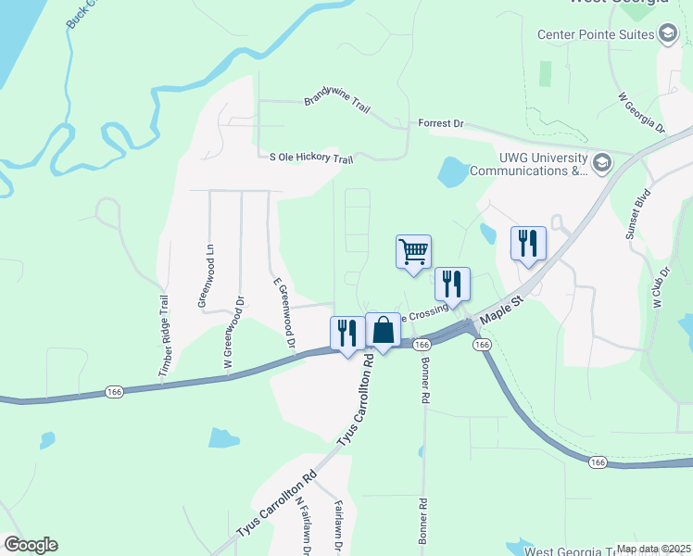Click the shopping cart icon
[413, 251]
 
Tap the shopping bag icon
[383, 330]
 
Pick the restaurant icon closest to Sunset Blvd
[528, 244]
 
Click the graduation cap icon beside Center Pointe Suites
[667, 35]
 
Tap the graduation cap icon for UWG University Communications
[601, 164]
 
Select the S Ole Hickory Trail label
[311, 159]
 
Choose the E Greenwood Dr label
[283, 315]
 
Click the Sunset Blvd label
[637, 215]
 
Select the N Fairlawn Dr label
[303, 524]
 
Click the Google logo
[31, 545]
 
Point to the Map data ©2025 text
[653, 549]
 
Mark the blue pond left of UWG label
[453, 171]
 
